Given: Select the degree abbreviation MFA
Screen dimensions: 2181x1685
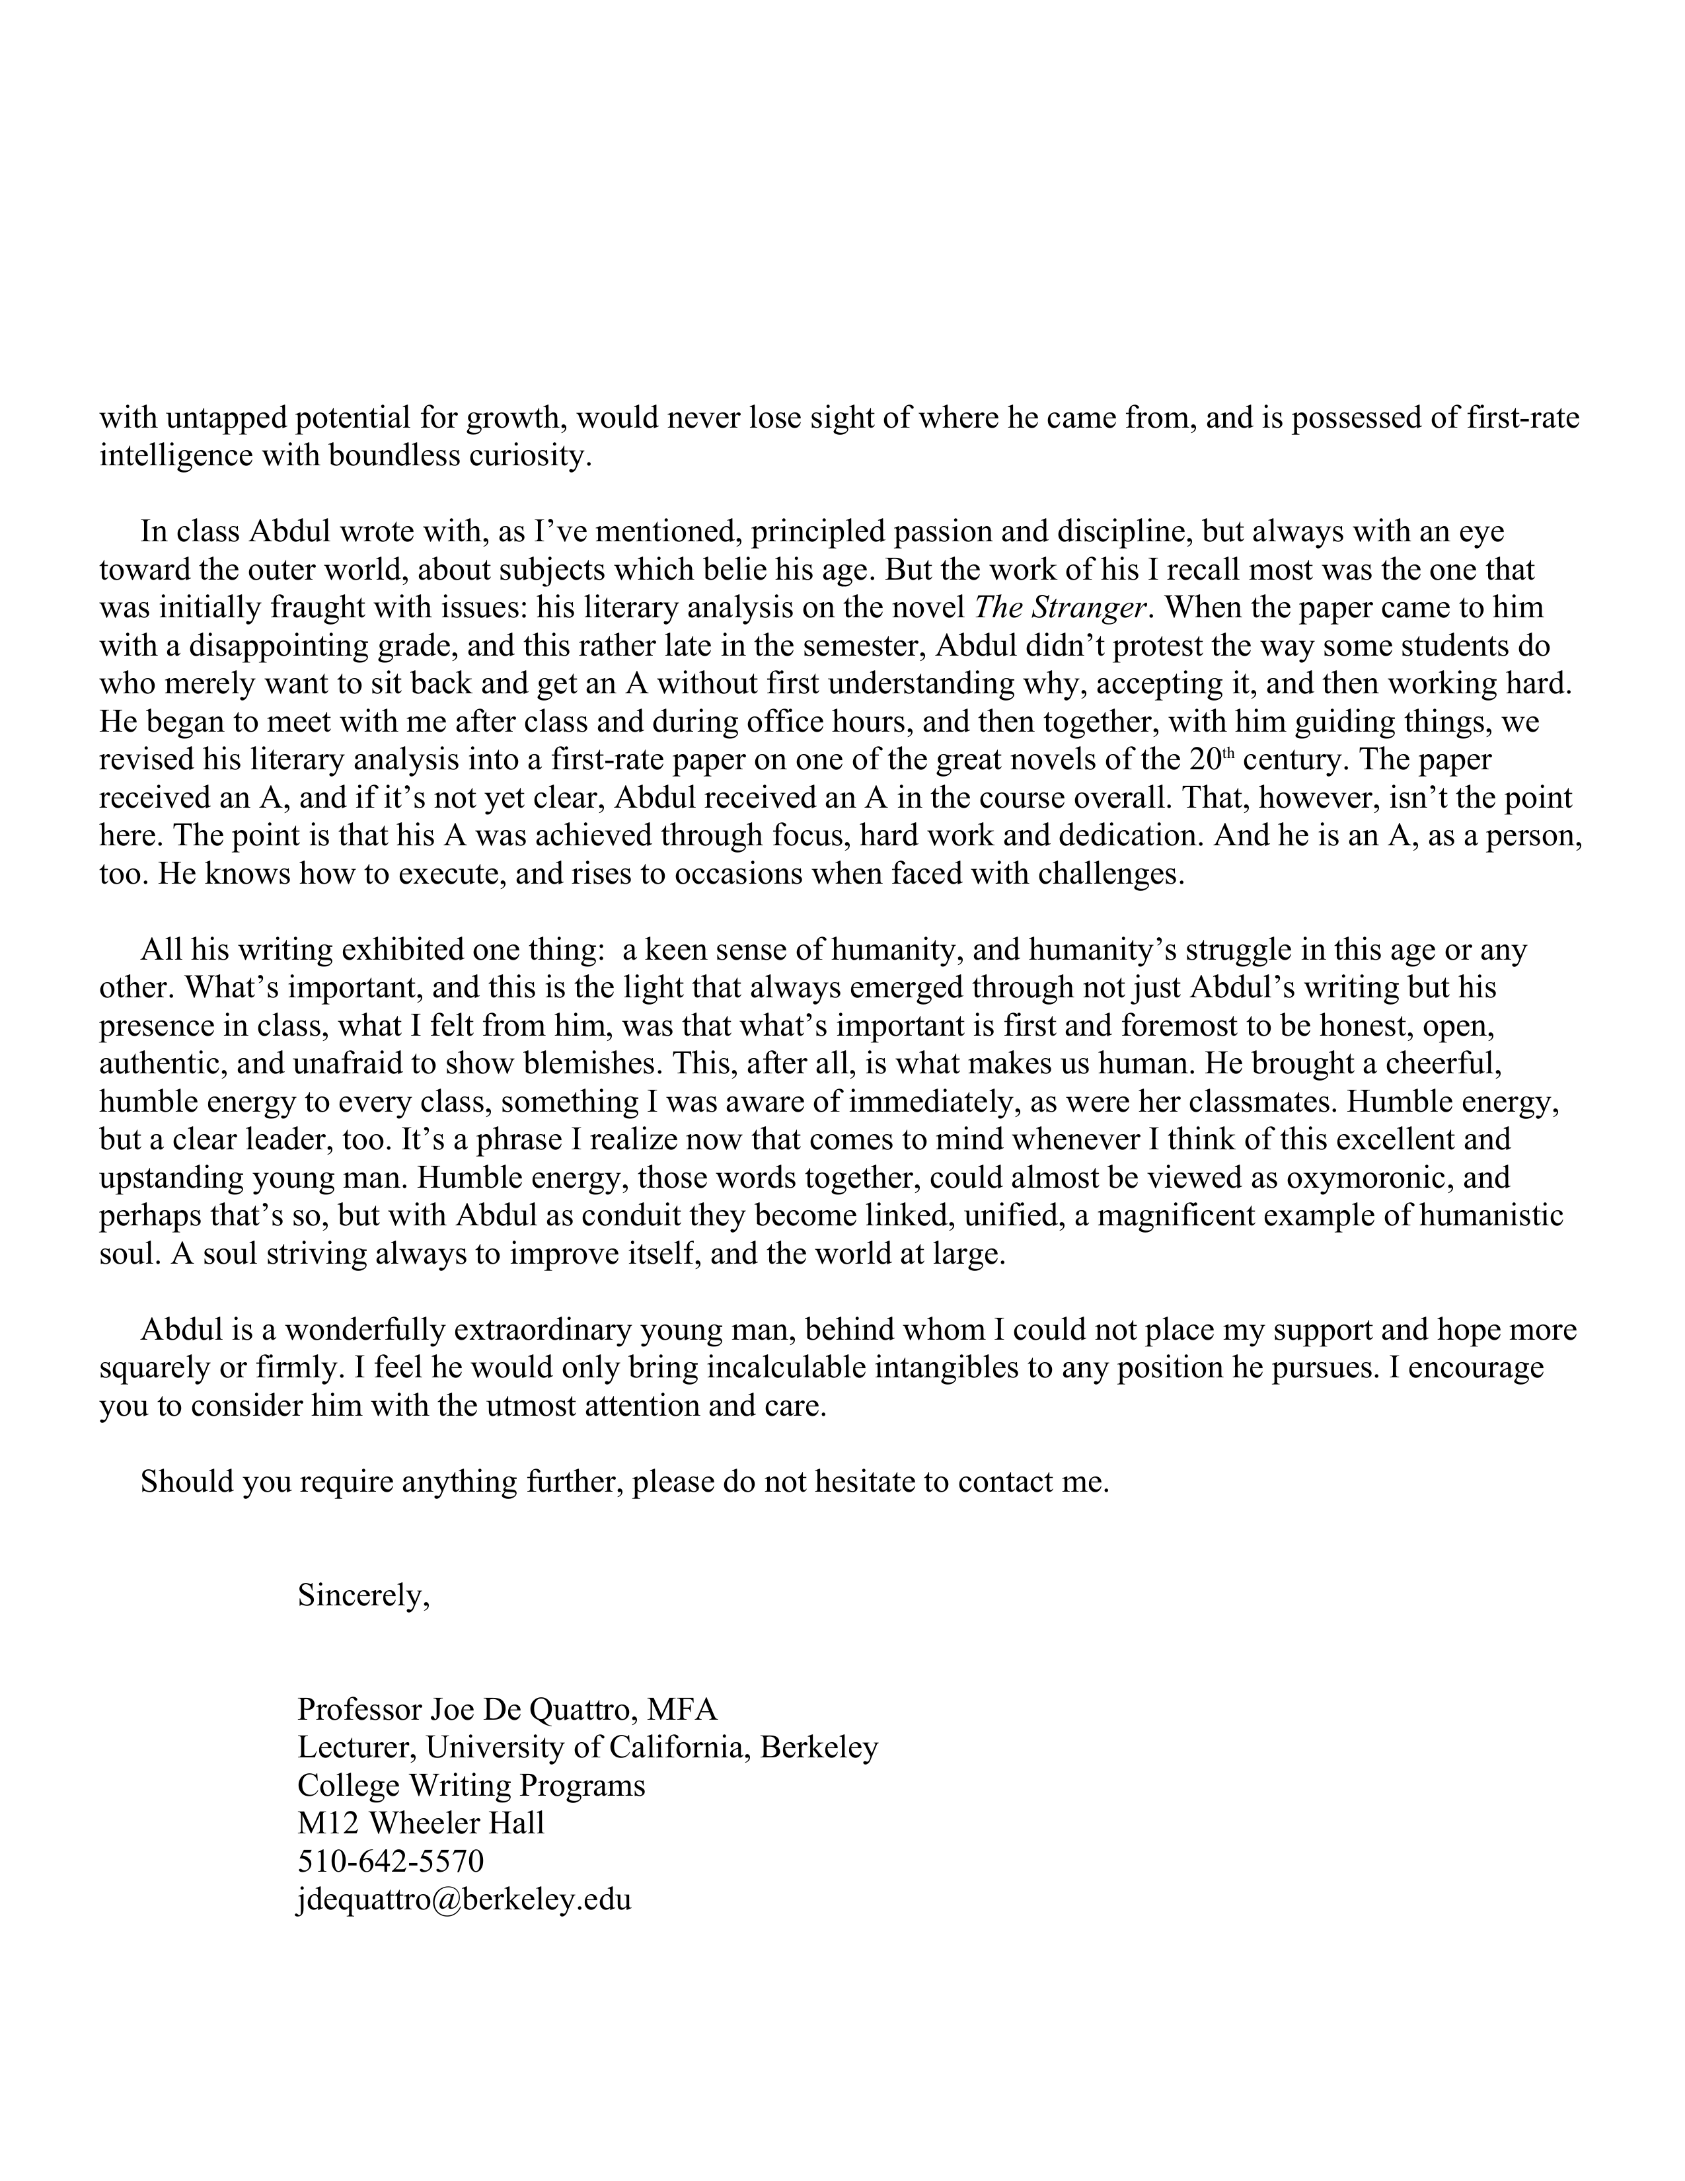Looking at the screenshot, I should [x=682, y=1710].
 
